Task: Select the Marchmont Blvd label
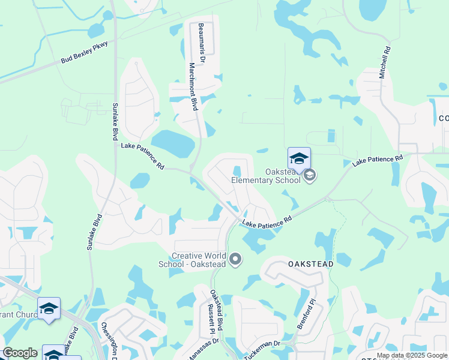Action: coord(193,87)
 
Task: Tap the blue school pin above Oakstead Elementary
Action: coord(299,159)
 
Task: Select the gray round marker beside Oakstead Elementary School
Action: coord(310,175)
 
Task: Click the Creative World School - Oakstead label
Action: coord(200,260)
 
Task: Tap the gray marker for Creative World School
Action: coord(235,260)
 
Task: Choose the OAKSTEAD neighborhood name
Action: coord(310,263)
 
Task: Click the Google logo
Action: coord(20,353)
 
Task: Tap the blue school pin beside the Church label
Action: coord(49,308)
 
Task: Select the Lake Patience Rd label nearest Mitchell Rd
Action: coord(377,161)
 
